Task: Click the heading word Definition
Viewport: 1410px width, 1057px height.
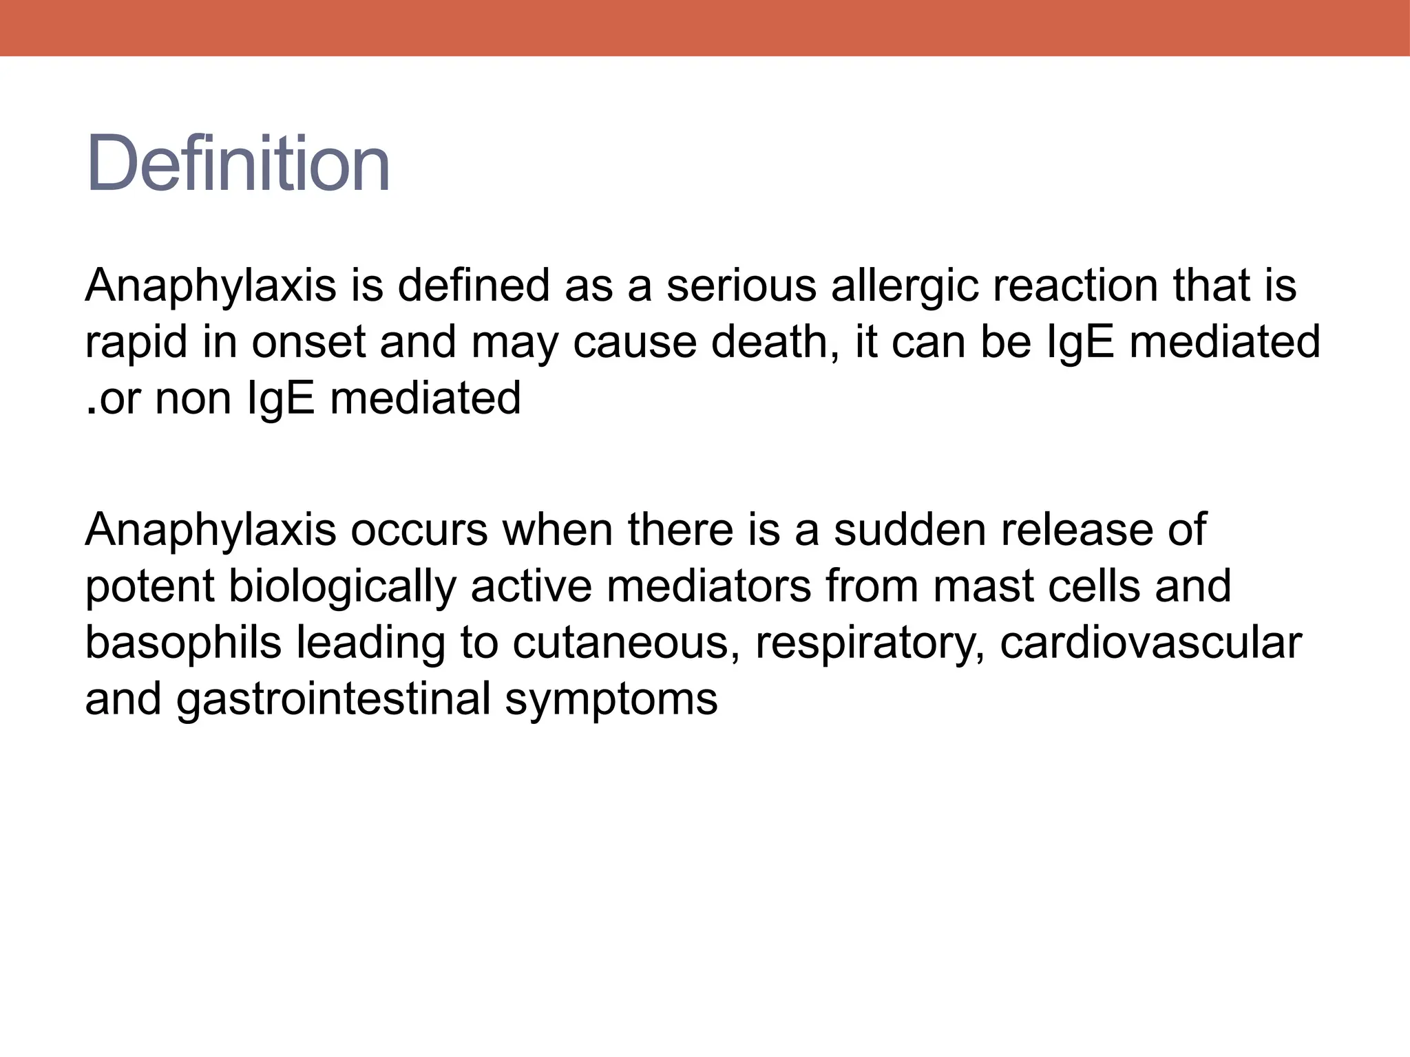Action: (x=238, y=164)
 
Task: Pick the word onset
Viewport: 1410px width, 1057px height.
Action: (x=308, y=342)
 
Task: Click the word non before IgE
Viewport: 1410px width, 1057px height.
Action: (x=193, y=399)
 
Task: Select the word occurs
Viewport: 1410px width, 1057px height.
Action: (x=419, y=530)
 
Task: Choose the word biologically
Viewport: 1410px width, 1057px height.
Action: (x=342, y=587)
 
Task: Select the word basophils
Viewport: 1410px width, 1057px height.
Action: (x=183, y=643)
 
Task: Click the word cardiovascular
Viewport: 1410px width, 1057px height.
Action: (x=1150, y=643)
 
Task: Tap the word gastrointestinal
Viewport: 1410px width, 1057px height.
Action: (x=333, y=700)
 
